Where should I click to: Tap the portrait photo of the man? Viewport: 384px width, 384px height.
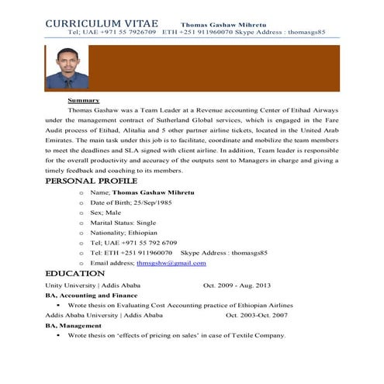point(61,69)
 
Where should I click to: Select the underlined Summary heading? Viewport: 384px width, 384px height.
point(83,101)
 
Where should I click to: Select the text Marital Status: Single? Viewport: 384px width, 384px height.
point(123,223)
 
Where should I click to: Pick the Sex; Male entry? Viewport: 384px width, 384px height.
point(106,212)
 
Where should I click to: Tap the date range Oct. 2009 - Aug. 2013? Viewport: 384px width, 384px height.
point(242,285)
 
